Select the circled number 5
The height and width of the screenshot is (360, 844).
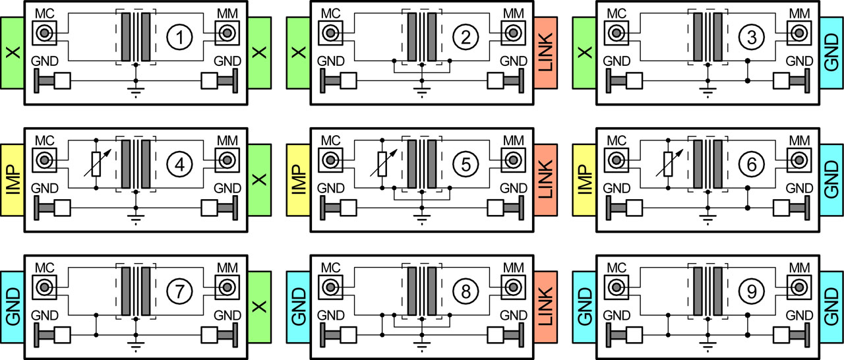[x=466, y=165]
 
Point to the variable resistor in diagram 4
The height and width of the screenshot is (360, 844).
[x=97, y=163]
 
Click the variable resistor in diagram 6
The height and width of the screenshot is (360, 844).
[x=669, y=163]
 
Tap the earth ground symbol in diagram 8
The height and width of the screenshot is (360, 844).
[x=421, y=344]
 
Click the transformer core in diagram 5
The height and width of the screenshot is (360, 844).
[x=422, y=164]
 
